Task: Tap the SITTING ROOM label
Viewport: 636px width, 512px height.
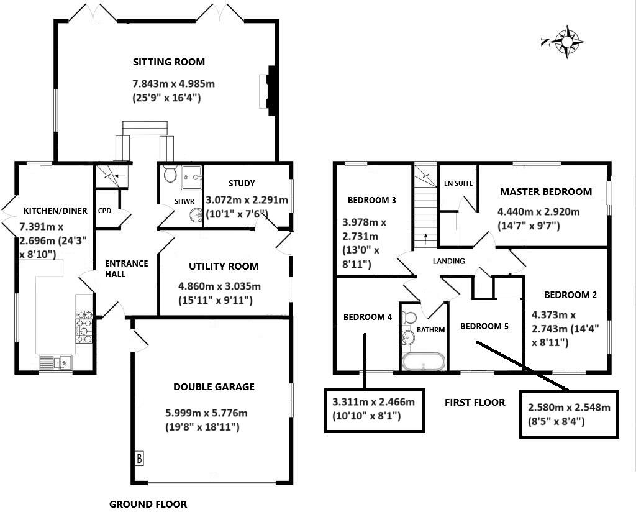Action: click(x=169, y=62)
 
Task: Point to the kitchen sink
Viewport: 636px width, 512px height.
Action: click(x=55, y=362)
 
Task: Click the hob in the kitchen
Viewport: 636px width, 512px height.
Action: click(x=84, y=327)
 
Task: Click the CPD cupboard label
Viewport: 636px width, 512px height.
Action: click(x=104, y=211)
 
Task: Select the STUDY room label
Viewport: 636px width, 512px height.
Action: click(x=242, y=183)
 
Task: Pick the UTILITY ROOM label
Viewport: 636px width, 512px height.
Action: click(x=224, y=267)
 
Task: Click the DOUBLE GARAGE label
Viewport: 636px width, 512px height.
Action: click(x=214, y=387)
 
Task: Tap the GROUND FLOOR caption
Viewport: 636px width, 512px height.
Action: click(x=148, y=504)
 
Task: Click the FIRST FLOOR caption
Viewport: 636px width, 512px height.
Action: click(x=475, y=403)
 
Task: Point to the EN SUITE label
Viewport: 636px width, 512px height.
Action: click(x=458, y=184)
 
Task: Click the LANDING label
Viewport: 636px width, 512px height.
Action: click(x=449, y=261)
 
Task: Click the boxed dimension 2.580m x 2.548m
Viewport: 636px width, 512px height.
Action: click(x=569, y=414)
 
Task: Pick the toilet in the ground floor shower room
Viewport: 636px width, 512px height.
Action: click(x=170, y=175)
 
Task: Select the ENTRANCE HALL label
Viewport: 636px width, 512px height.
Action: click(x=126, y=268)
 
